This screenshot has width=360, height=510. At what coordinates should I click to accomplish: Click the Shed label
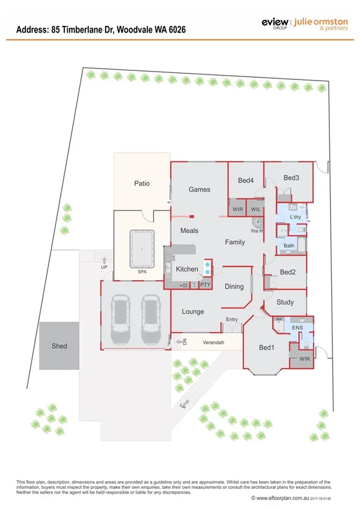point(59,346)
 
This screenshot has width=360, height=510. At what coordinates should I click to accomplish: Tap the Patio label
point(142,183)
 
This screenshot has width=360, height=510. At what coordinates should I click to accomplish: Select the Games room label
point(200,189)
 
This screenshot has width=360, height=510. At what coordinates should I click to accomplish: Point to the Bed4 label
point(246,180)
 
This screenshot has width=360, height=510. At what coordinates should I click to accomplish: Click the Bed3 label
point(291,178)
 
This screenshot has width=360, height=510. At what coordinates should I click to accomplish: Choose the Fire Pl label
point(257,230)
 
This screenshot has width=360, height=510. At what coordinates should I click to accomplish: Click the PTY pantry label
point(205,284)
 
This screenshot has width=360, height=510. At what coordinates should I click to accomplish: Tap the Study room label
point(285,303)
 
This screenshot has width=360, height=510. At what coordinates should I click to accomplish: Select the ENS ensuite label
point(297,328)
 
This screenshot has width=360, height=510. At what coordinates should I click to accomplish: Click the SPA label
point(142,272)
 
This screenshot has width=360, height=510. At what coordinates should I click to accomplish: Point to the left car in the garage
point(121,320)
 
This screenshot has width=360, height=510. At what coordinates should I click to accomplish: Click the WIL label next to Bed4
point(255,209)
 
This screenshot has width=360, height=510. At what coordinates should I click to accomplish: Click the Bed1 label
point(266,348)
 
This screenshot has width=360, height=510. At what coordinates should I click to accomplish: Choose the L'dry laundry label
point(295,217)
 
